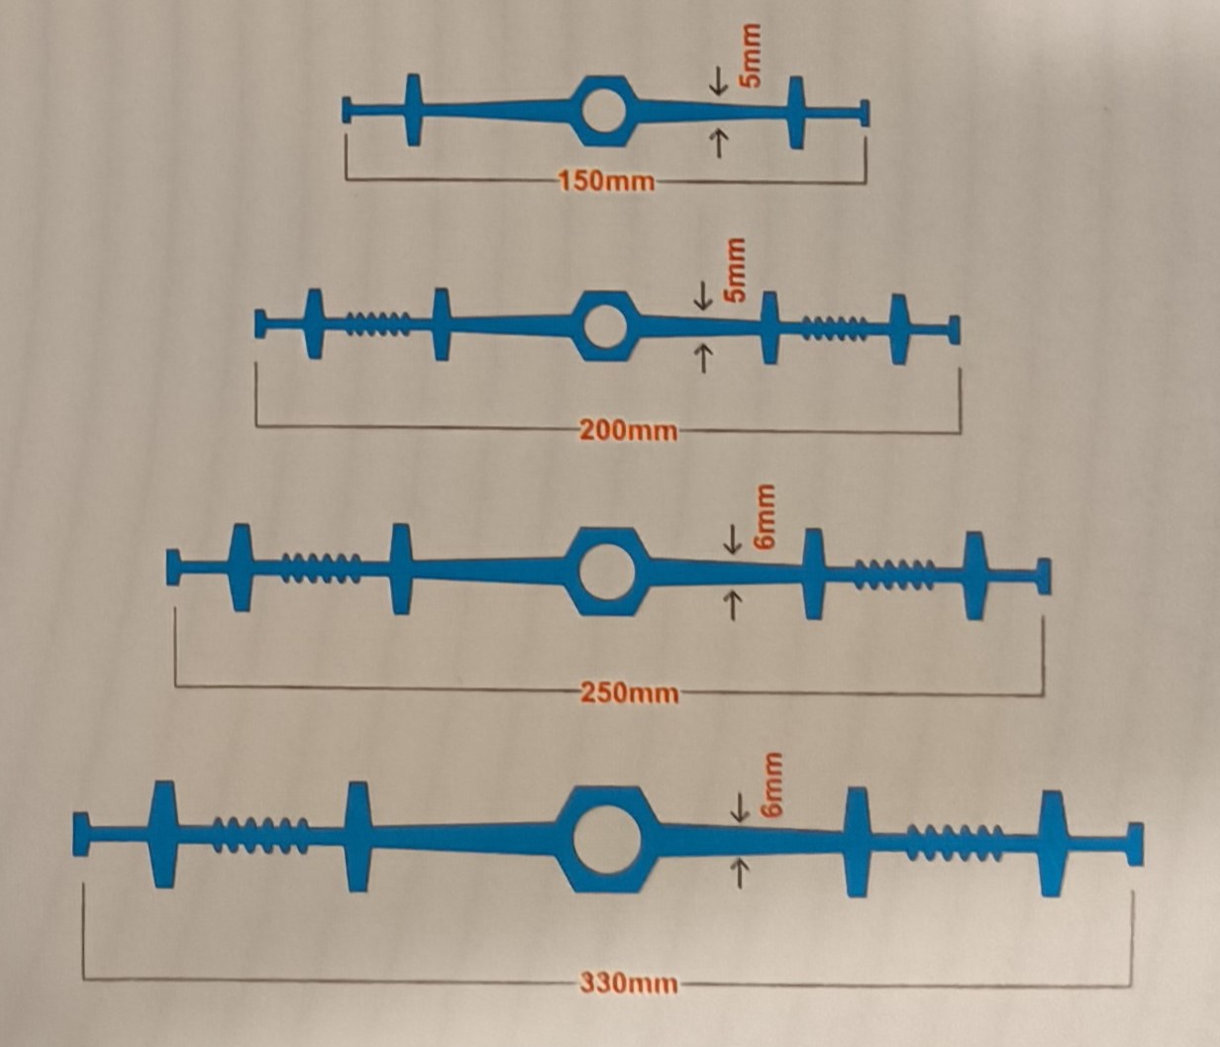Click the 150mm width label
click(607, 181)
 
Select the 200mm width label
click(628, 431)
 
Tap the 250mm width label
click(630, 692)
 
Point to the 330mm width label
click(629, 984)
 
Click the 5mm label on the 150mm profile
click(751, 55)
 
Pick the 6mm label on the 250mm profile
click(764, 517)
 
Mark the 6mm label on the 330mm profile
click(770, 785)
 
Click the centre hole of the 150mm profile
click(603, 110)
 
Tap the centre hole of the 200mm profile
click(605, 325)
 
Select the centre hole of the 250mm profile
click(607, 571)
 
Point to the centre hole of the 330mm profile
click(607, 839)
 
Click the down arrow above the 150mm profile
click(719, 81)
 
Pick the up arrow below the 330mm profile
click(739, 874)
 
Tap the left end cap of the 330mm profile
click(81, 833)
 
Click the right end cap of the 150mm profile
click(864, 112)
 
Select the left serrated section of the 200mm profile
click(377, 324)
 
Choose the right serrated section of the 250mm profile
click(895, 575)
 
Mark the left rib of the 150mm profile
click(413, 110)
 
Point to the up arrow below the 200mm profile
click(703, 359)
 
